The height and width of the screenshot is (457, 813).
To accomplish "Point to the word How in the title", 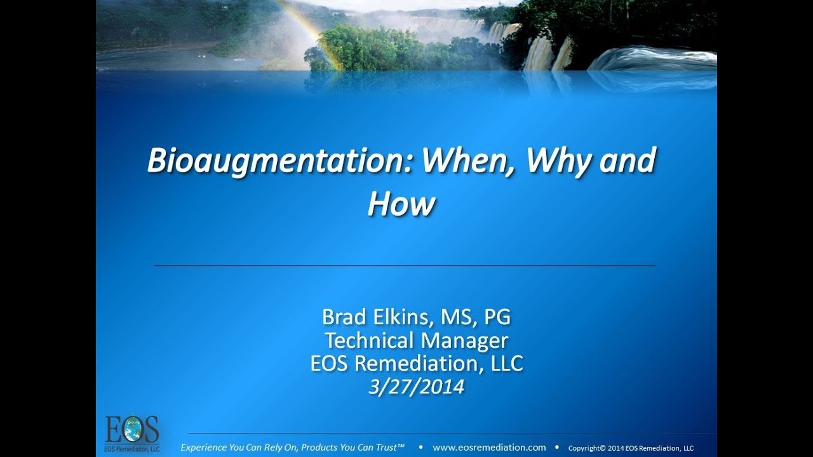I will coord(401,204).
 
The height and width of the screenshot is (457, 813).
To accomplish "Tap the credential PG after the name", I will coord(497,316).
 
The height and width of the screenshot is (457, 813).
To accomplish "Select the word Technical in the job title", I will coord(370,340).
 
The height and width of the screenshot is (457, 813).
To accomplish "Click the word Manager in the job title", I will coord(464,340).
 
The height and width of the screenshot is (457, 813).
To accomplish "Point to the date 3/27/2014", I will coord(416,387).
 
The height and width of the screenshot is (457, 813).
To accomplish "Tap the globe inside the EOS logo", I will coord(133,430).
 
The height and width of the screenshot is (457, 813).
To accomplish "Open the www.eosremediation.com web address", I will coord(489,447).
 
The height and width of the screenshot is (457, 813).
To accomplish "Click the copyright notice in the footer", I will coord(631,448).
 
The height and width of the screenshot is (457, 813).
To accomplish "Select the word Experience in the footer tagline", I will coord(205,447).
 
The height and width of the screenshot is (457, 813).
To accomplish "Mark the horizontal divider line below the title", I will coord(405,265).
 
